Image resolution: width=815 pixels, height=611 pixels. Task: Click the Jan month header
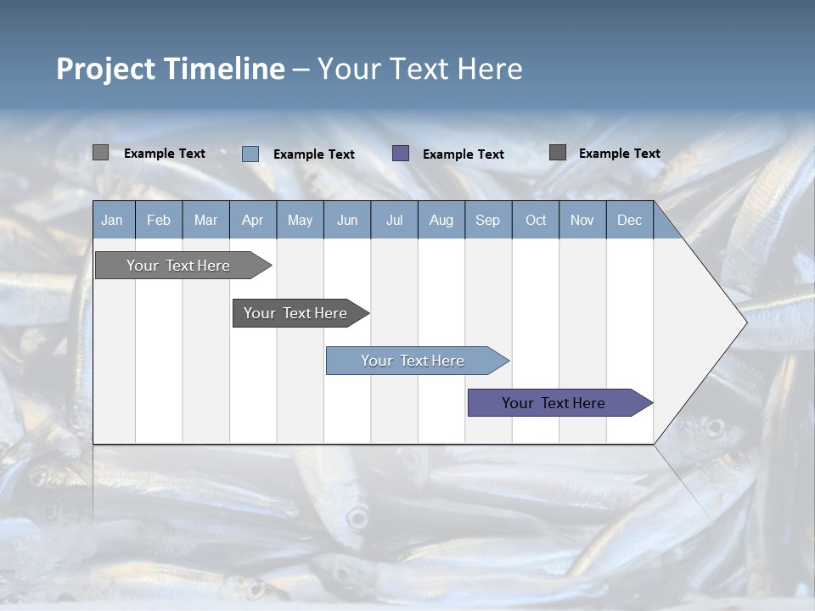[x=112, y=220]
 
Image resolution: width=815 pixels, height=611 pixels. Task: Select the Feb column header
[x=159, y=220]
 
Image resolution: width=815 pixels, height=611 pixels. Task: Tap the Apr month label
[x=252, y=220]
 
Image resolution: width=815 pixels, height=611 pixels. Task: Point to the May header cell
[x=300, y=220]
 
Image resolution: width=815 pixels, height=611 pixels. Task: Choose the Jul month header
[x=394, y=220]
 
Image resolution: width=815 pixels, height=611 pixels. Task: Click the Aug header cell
[x=441, y=220]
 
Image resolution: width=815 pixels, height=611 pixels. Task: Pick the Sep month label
[x=487, y=220]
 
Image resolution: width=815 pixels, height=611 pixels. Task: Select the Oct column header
[x=536, y=220]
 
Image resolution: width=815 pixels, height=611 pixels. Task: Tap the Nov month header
[x=582, y=220]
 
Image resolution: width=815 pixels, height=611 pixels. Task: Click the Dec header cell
[x=629, y=220]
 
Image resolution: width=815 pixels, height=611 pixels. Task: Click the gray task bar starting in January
[x=179, y=266]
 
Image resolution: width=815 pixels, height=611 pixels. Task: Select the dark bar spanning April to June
[x=296, y=313]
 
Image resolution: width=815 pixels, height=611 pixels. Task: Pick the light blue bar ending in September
[x=413, y=361]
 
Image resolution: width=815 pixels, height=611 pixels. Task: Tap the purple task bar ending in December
[x=554, y=403]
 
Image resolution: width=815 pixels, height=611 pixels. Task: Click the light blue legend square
[x=250, y=154]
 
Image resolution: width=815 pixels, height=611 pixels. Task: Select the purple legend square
[x=401, y=154]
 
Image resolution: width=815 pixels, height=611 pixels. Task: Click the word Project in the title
[x=104, y=69]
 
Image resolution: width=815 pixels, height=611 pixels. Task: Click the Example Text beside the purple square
[x=463, y=154]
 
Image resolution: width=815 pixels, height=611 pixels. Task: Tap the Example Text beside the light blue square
[x=313, y=154]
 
